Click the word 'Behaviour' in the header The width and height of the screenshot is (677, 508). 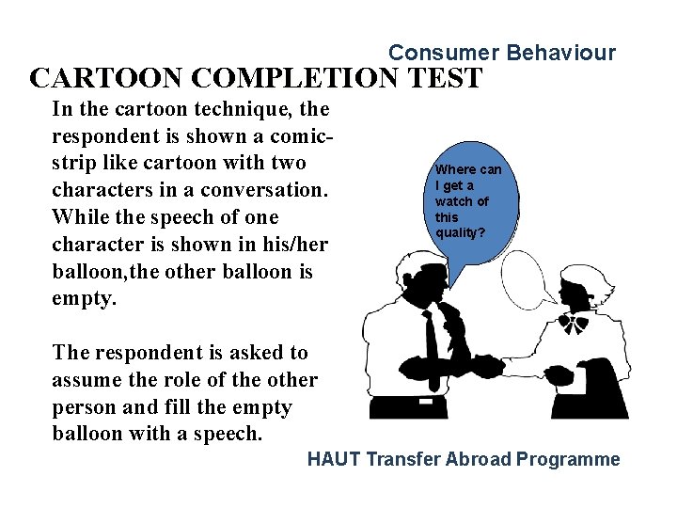click(560, 53)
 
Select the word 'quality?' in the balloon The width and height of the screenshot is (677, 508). click(460, 232)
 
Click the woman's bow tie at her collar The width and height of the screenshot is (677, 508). click(571, 324)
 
